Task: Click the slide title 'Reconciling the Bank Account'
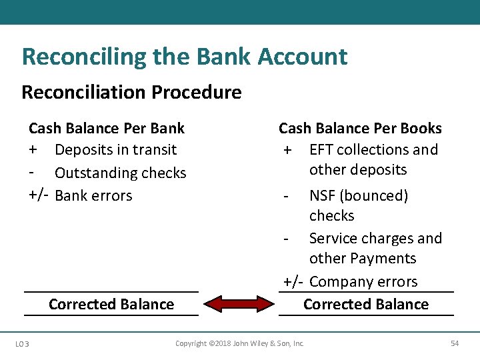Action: [184, 57]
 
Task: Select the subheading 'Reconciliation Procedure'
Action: [131, 92]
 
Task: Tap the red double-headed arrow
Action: [238, 304]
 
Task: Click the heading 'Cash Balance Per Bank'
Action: [107, 128]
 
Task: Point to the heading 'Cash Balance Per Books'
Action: [360, 128]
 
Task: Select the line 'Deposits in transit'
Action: [115, 150]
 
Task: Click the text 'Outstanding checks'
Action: [120, 173]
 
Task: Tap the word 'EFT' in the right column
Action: [321, 150]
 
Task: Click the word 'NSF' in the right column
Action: [323, 196]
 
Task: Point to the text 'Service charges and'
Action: [375, 239]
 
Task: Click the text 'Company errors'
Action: [363, 282]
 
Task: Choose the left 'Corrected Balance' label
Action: [111, 305]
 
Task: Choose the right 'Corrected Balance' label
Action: [366, 305]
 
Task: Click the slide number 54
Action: [455, 343]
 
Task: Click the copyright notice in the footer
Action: [239, 343]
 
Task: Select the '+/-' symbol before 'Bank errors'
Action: [39, 196]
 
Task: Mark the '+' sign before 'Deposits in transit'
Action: [33, 150]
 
